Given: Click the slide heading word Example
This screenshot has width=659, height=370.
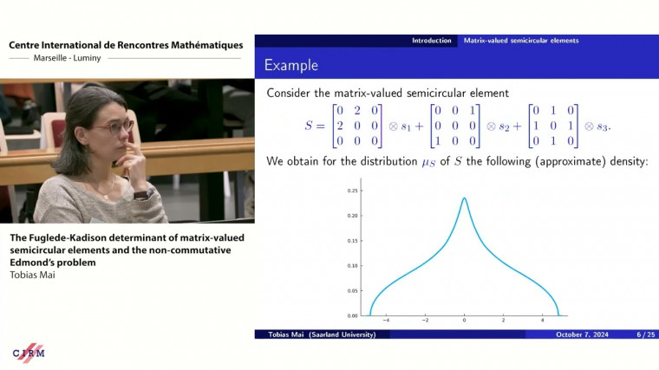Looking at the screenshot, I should click(x=290, y=65).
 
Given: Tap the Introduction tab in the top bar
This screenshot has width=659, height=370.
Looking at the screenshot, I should click(x=431, y=40).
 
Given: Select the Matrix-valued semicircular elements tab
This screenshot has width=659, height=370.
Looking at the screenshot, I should click(x=520, y=40).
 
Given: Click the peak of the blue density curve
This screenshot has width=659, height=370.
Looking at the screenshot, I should click(x=465, y=198).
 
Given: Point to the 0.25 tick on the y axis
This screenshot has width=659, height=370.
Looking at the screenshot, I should click(x=353, y=190).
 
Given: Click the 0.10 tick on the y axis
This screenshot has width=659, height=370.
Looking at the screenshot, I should click(x=353, y=265).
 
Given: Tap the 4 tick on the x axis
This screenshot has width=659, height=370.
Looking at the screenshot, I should click(x=543, y=321).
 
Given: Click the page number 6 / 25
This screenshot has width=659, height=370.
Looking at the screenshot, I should click(x=645, y=334).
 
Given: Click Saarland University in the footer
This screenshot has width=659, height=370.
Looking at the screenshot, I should click(x=344, y=334).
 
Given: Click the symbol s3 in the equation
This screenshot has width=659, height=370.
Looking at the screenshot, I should click(x=603, y=127).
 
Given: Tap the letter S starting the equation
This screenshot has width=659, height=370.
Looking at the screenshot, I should click(x=309, y=126).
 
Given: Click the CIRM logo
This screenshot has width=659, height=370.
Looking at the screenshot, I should click(x=29, y=353).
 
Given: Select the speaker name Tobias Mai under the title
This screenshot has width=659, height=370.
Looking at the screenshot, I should click(x=33, y=275).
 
